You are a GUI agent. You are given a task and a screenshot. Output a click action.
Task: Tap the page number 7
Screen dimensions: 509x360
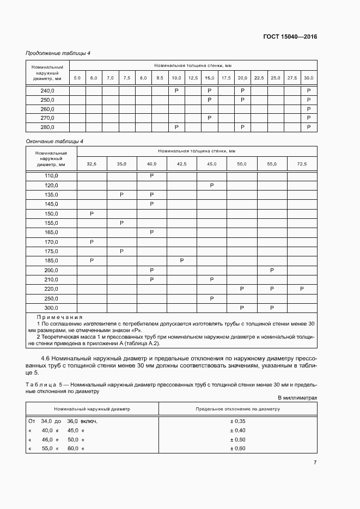(315, 463)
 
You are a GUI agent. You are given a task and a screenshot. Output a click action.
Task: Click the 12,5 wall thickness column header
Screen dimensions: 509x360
(193, 78)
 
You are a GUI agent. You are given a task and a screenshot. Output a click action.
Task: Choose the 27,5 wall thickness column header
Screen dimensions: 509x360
(292, 78)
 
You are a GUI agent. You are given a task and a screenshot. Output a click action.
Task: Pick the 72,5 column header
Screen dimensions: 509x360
(302, 164)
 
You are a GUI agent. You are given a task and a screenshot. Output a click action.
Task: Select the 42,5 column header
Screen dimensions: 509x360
(181, 164)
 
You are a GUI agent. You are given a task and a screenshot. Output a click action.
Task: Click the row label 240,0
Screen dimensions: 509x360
(48, 90)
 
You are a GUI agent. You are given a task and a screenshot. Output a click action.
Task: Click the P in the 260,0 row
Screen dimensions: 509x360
(309, 109)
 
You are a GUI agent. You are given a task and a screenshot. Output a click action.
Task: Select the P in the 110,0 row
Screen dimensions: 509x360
(151, 176)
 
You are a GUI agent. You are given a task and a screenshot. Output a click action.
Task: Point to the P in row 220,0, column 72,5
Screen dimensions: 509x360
(302, 289)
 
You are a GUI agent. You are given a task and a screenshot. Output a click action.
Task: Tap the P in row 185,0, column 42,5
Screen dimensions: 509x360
(181, 261)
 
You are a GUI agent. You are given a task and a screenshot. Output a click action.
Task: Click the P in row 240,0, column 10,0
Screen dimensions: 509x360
(176, 90)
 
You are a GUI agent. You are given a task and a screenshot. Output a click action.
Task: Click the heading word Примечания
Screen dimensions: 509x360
(59, 317)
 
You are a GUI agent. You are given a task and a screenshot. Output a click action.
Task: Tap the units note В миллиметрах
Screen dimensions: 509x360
(297, 398)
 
